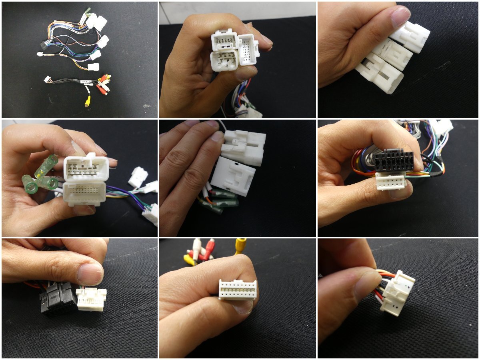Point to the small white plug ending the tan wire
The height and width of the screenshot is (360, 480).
point(40,54)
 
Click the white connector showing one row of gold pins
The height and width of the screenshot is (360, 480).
point(237,289)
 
